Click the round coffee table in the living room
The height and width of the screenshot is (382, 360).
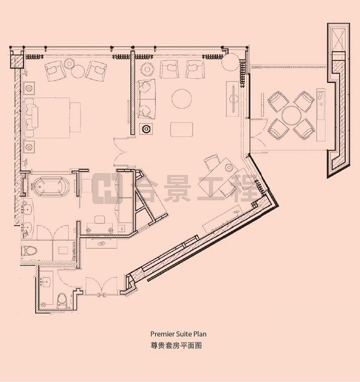pyautogui.click(x=182, y=99)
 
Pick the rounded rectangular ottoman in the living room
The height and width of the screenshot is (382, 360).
pyautogui.click(x=182, y=129)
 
